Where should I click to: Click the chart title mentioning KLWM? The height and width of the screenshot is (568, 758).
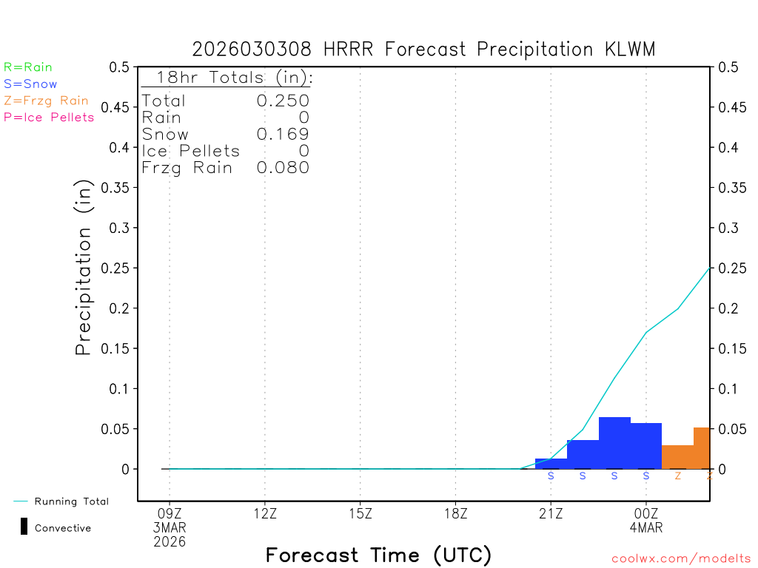point(423,50)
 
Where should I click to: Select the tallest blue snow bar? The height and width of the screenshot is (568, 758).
point(614,443)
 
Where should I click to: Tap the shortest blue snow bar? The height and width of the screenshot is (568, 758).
point(551,464)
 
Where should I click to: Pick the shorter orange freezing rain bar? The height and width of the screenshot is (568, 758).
point(677,457)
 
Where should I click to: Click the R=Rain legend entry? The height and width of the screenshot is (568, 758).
point(28,67)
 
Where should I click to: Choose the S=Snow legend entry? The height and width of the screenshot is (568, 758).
point(30,84)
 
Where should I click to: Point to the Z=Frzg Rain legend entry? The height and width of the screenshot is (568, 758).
point(46,101)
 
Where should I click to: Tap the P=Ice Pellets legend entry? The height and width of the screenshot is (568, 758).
point(49,117)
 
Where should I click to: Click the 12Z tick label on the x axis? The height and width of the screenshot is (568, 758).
point(265,513)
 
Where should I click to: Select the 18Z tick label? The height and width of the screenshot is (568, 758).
point(455,513)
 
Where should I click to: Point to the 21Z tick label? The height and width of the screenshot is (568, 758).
point(551,513)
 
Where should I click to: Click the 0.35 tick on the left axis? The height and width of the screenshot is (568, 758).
point(119,188)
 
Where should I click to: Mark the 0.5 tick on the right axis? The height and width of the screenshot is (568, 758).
point(727,67)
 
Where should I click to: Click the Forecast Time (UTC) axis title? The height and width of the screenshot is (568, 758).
point(378,555)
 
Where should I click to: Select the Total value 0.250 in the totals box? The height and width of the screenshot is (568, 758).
point(283,101)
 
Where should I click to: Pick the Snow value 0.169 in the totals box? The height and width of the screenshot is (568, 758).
point(283,135)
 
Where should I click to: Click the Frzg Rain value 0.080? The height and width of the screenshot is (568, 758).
point(283,168)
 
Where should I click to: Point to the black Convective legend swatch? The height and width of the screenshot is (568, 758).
point(24,527)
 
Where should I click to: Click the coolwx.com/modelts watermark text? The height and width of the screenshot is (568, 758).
point(681,559)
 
